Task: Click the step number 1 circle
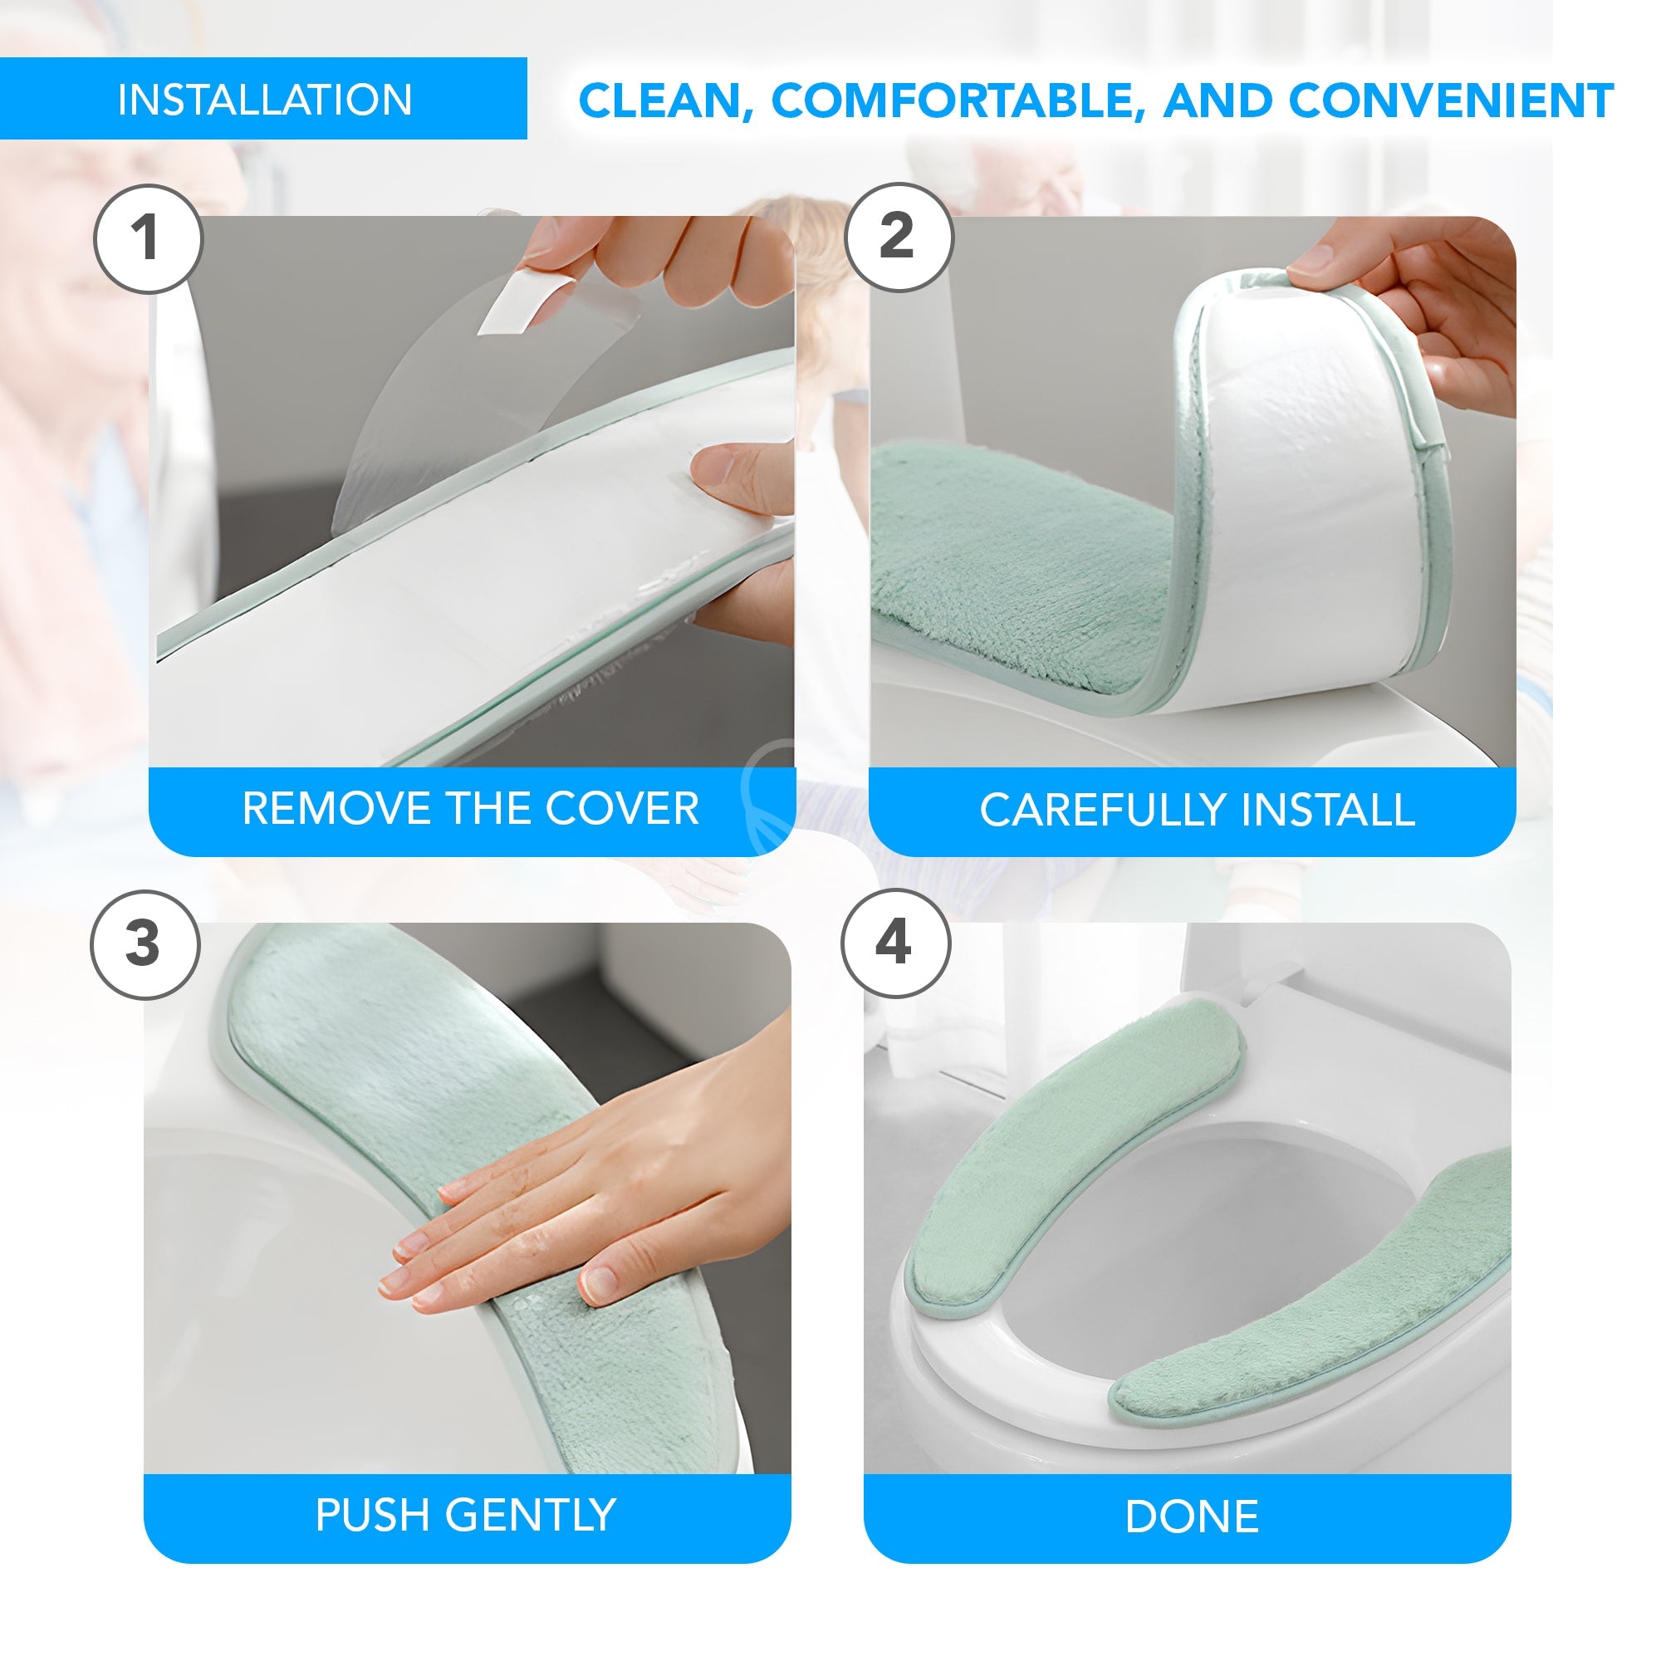[148, 238]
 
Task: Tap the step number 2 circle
[899, 237]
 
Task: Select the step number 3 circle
[145, 944]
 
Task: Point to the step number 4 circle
[895, 943]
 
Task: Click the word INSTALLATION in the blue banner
[265, 100]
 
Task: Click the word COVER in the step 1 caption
[621, 808]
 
